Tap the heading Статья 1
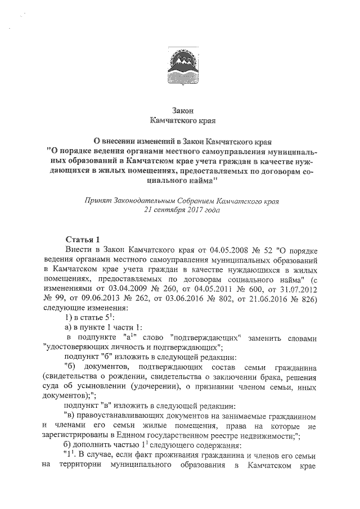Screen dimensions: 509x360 click(83, 238)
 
